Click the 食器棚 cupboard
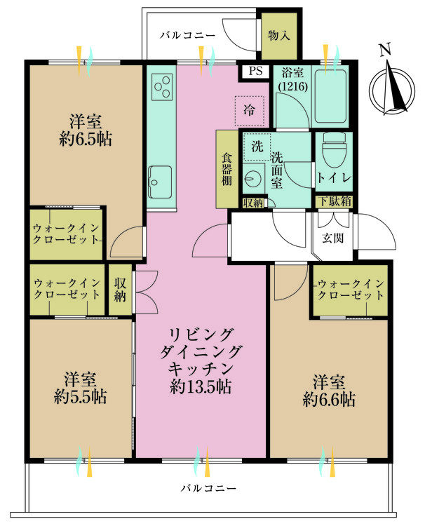[227, 169]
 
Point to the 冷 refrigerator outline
[249, 110]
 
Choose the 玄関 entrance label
[333, 238]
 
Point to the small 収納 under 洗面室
[253, 203]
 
